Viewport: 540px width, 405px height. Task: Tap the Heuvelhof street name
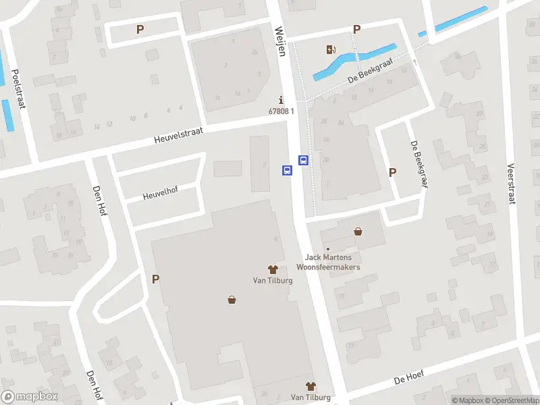pyautogui.click(x=159, y=196)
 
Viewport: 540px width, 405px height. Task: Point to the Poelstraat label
pyautogui.click(x=18, y=87)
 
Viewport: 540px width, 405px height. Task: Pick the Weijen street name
pyautogui.click(x=279, y=41)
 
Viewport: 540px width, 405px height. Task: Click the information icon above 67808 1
pyautogui.click(x=281, y=100)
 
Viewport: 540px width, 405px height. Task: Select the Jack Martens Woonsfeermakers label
pyautogui.click(x=332, y=262)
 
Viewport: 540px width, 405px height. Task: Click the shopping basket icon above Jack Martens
pyautogui.click(x=358, y=232)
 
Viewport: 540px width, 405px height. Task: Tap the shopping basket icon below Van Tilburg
pyautogui.click(x=232, y=300)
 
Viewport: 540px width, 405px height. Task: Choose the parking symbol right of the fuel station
pyautogui.click(x=356, y=29)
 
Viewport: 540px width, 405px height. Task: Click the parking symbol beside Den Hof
pyautogui.click(x=156, y=279)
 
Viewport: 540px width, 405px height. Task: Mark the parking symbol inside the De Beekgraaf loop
pyautogui.click(x=392, y=172)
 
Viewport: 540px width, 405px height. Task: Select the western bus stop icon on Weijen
pyautogui.click(x=287, y=171)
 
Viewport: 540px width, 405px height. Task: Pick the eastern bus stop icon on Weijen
pyautogui.click(x=304, y=161)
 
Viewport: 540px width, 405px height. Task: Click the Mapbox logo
pyautogui.click(x=30, y=397)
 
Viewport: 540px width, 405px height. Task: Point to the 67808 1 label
pyautogui.click(x=281, y=111)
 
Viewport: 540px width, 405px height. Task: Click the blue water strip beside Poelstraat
pyautogui.click(x=7, y=115)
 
